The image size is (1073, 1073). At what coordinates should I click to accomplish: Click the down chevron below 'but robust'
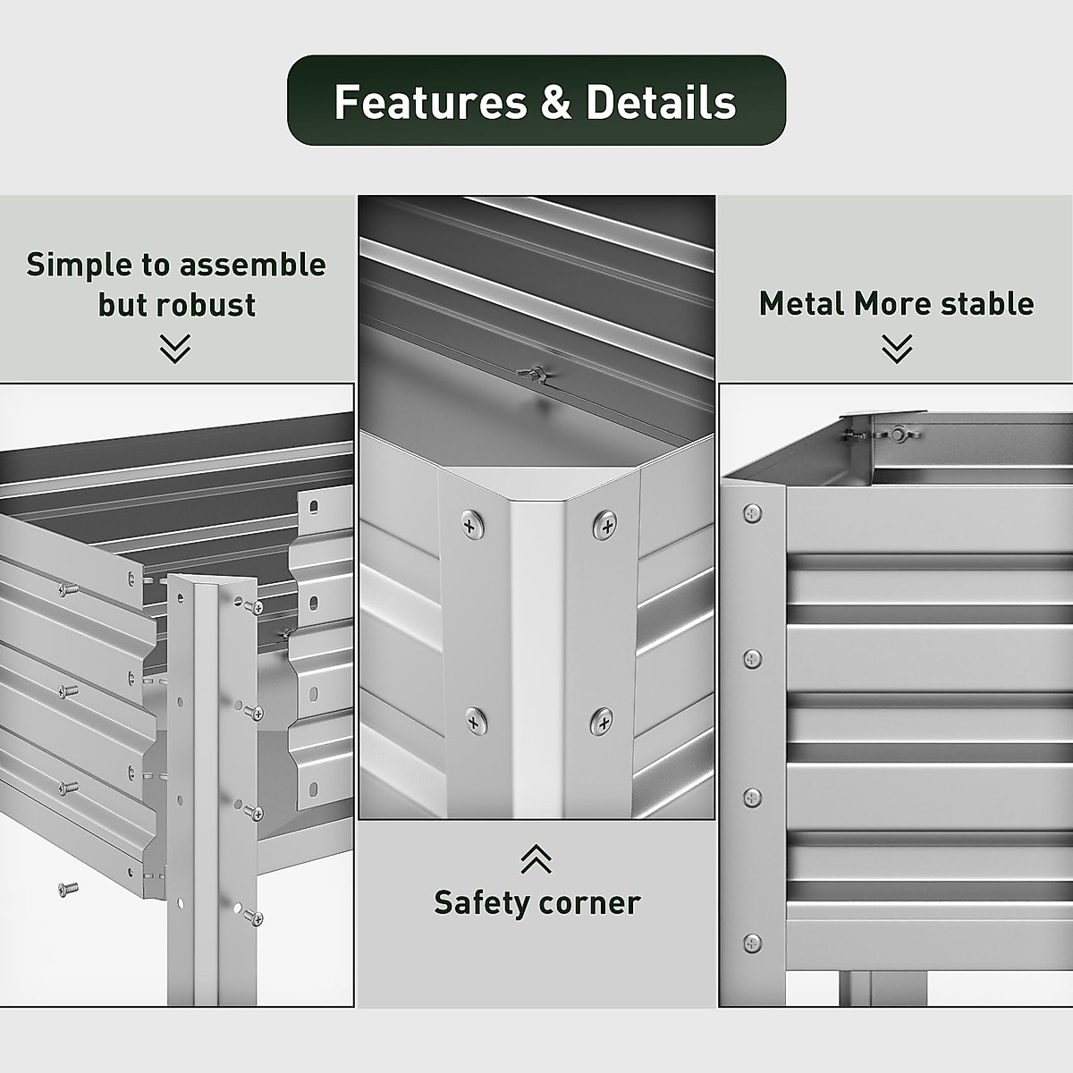[175, 349]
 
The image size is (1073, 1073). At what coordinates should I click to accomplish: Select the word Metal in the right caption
[801, 304]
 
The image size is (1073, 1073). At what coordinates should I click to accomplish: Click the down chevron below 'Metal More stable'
[897, 349]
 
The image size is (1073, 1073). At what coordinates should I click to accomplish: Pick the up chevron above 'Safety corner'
[536, 859]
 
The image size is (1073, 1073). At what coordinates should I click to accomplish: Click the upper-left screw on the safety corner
[471, 525]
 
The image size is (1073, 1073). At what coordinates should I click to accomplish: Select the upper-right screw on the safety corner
[605, 525]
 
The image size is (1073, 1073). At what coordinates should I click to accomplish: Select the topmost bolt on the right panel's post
[753, 513]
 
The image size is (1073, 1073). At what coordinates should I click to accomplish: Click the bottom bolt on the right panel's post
[753, 942]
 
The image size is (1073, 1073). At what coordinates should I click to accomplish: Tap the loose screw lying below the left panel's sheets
[68, 889]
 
